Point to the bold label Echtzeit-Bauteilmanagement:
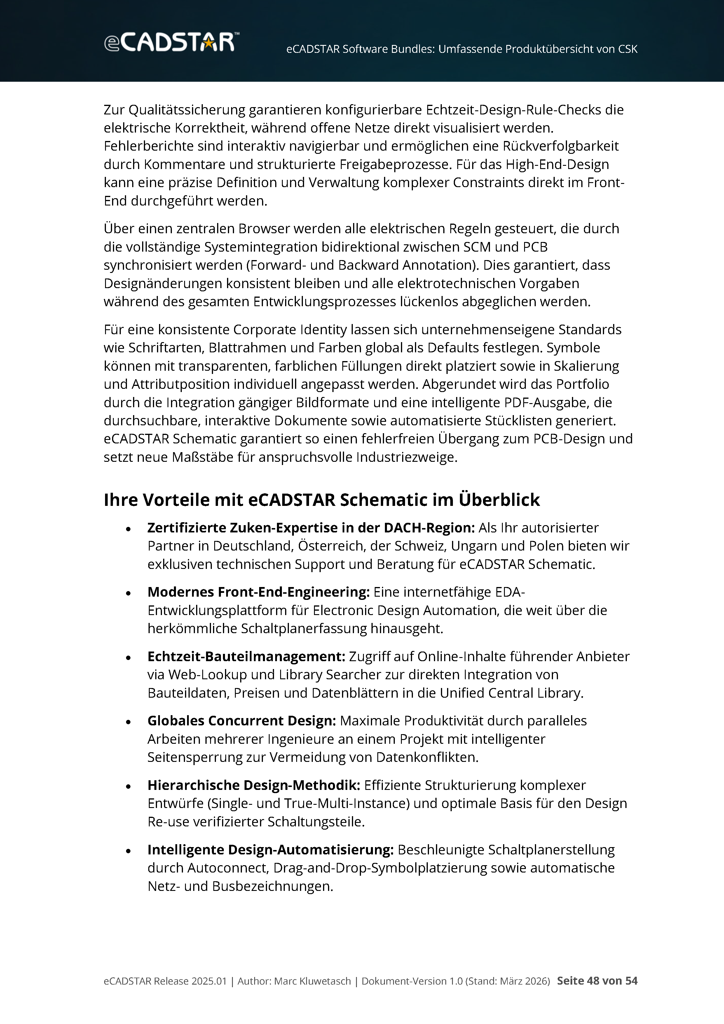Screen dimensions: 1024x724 pyautogui.click(x=246, y=656)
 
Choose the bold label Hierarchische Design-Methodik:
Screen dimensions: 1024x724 pyautogui.click(x=254, y=785)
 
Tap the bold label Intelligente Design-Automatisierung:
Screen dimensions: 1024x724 pyautogui.click(x=270, y=850)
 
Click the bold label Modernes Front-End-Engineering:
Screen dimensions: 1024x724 pyautogui.click(x=259, y=592)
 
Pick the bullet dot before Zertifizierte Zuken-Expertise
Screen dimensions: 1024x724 pyautogui.click(x=128, y=529)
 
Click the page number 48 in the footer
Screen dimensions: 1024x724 pyautogui.click(x=593, y=981)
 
